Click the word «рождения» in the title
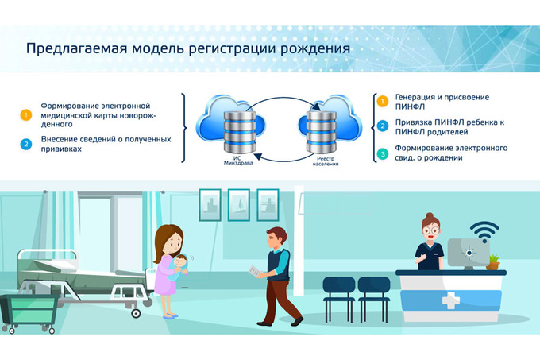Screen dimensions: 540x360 pos(314,49)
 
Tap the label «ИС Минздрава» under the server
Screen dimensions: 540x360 pos(238,161)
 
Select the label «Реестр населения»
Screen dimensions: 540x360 pos(326,161)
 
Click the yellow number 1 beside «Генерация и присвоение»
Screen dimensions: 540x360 pos(382,101)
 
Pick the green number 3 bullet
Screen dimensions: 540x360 pos(382,153)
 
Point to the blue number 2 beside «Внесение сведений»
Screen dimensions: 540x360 pos(26,145)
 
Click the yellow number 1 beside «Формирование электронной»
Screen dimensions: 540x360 pos(26,114)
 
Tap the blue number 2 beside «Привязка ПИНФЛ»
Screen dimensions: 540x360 pos(382,126)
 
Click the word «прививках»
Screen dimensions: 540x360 pos(61,149)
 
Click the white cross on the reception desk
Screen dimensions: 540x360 pos(451,300)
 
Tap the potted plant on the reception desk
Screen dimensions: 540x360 pos(493,262)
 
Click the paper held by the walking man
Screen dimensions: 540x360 pos(256,271)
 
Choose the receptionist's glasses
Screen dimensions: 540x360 pos(431,231)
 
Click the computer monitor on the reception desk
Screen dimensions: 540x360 pos(469,254)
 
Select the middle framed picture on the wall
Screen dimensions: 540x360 pos(239,205)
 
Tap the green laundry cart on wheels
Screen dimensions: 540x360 pos(29,314)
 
